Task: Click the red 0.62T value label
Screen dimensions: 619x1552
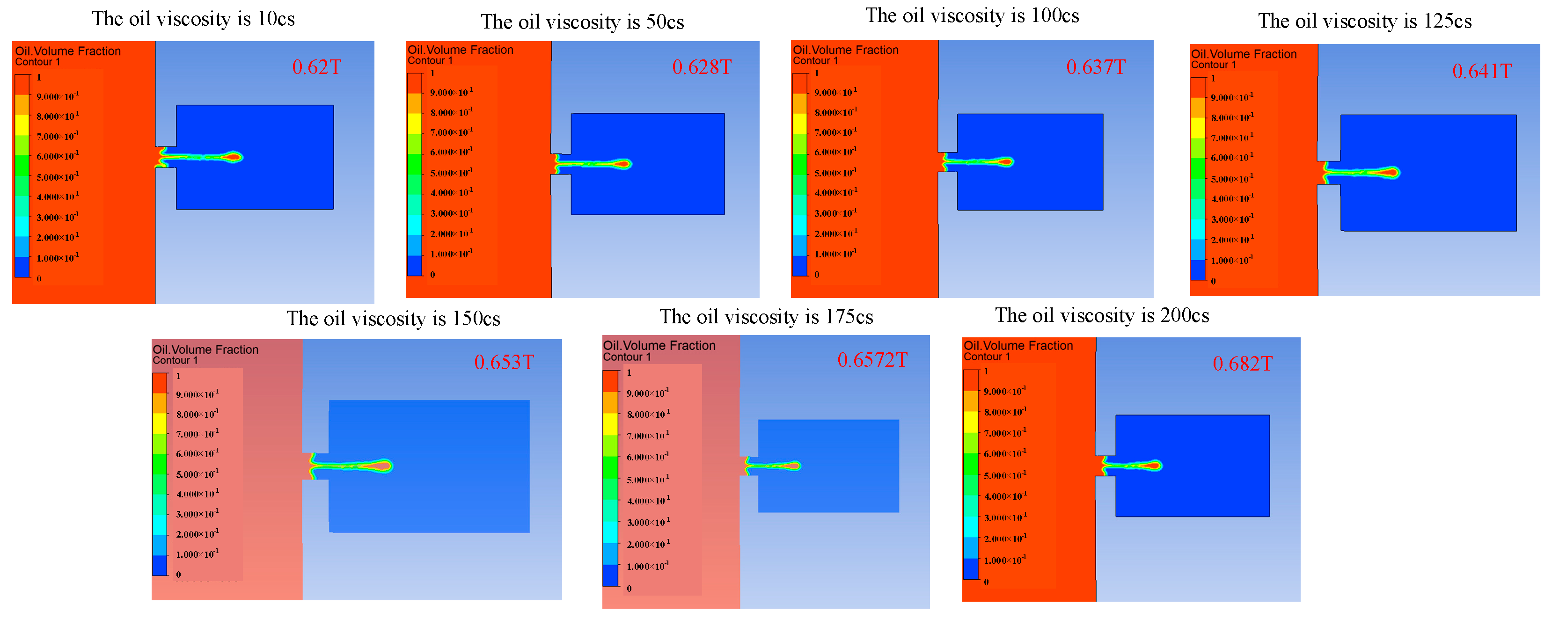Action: pyautogui.click(x=316, y=67)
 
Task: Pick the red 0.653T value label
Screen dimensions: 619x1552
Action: pyautogui.click(x=504, y=362)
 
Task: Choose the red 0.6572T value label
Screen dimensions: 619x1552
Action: pyautogui.click(x=872, y=360)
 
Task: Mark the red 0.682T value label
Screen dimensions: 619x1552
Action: pyautogui.click(x=1242, y=364)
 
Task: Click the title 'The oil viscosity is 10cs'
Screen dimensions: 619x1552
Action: pyautogui.click(x=193, y=19)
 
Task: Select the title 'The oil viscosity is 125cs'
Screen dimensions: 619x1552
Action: pyautogui.click(x=1365, y=21)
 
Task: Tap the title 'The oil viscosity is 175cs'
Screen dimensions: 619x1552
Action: pyautogui.click(x=766, y=317)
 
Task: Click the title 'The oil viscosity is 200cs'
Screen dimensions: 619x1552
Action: pyautogui.click(x=1102, y=315)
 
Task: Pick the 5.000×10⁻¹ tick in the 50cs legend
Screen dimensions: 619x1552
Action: pyautogui.click(x=451, y=173)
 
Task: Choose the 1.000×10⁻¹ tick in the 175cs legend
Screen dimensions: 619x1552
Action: pyautogui.click(x=648, y=567)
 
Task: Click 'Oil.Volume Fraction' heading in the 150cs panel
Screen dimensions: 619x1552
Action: pyautogui.click(x=205, y=349)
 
